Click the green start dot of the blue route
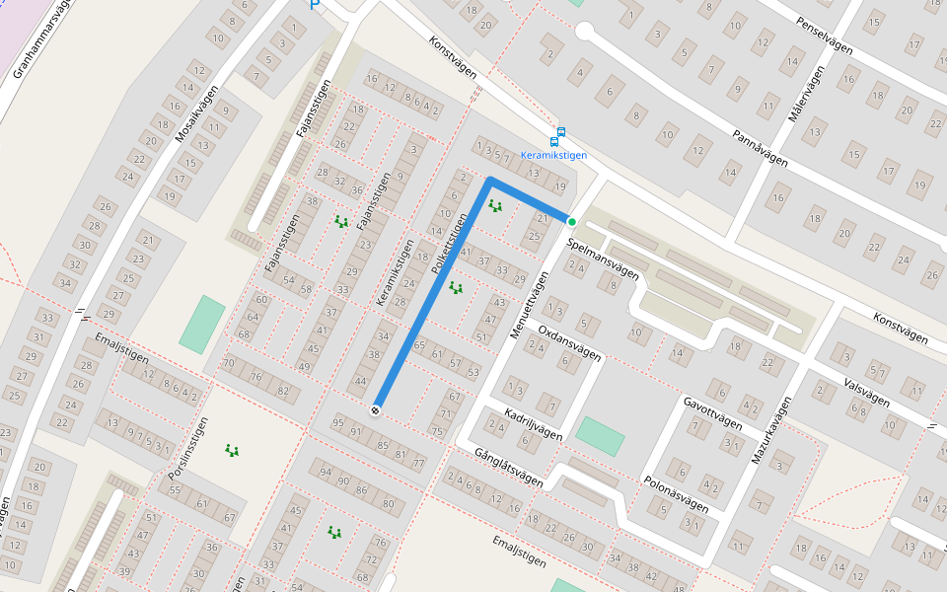click(x=571, y=222)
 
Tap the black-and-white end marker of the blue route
click(x=376, y=409)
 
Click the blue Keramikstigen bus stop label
click(x=553, y=156)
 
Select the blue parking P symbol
click(x=315, y=5)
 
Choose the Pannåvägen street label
click(x=760, y=147)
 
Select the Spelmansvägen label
click(x=603, y=259)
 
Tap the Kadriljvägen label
click(x=533, y=422)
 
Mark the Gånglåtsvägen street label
click(x=508, y=468)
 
